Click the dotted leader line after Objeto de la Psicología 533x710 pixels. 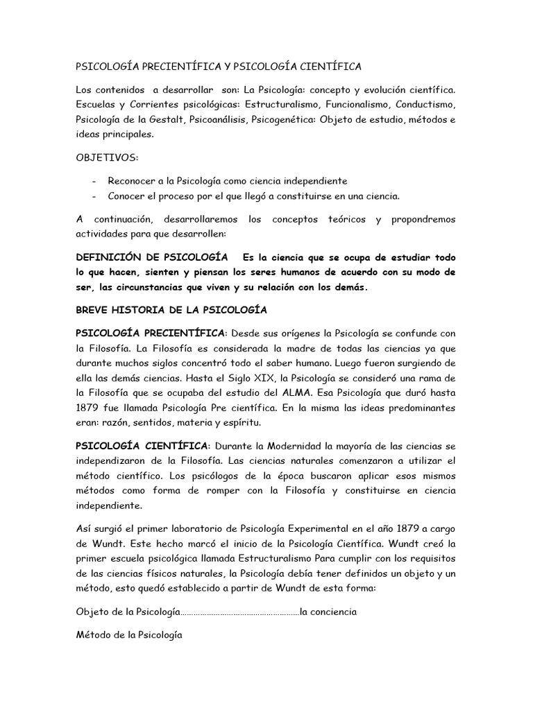[x=240, y=613]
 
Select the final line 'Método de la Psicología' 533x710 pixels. [x=128, y=634]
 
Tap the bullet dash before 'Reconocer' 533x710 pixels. [x=94, y=181]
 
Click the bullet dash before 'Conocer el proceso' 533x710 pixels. [x=94, y=196]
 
